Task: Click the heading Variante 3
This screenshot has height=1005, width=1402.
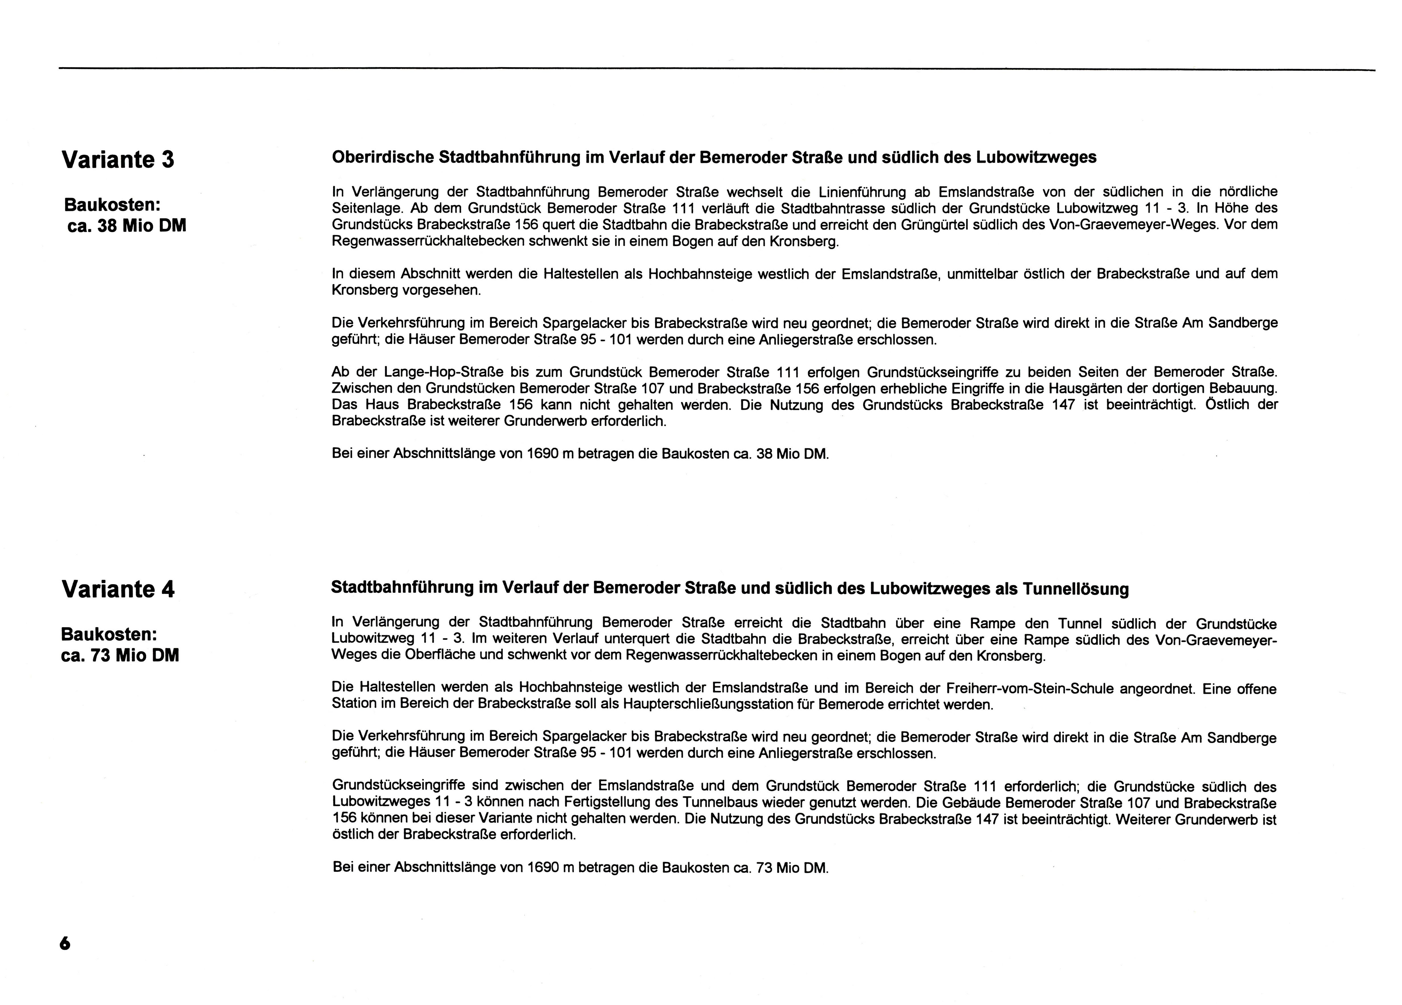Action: click(x=118, y=159)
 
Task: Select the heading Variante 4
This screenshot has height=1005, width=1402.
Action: click(x=118, y=589)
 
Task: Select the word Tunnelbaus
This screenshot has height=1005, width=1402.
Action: click(x=692, y=802)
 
